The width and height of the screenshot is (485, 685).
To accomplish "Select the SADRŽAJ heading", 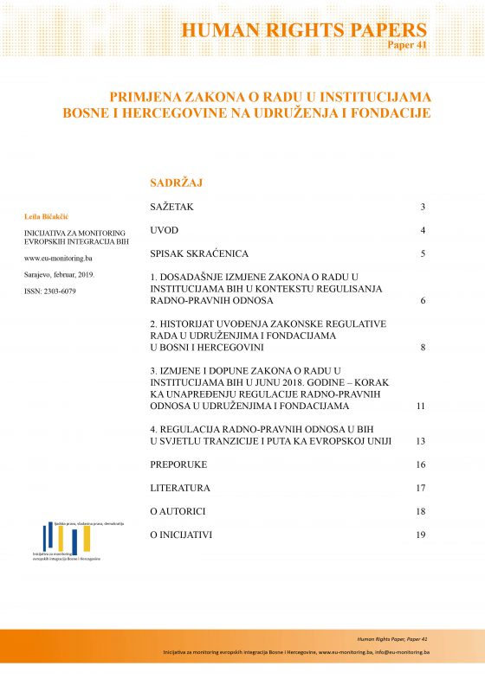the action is tap(176, 183).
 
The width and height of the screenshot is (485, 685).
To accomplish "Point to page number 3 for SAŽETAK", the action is tap(423, 208).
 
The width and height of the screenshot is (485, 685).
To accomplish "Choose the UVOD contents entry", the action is tap(165, 231).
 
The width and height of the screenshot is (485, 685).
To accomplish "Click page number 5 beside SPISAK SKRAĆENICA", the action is tap(423, 254).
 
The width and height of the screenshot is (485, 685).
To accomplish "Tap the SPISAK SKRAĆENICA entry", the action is tap(199, 254).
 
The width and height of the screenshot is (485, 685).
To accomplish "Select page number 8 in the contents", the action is tap(423, 347).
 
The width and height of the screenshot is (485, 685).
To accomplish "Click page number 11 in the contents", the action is tap(421, 405).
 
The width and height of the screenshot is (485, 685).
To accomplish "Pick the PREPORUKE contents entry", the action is tap(178, 464).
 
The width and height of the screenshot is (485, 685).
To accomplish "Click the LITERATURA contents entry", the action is tap(180, 488).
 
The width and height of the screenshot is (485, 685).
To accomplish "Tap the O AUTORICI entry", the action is tap(178, 511).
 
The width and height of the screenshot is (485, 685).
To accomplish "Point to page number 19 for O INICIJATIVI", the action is tap(421, 535).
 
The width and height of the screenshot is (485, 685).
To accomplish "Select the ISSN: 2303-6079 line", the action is tap(50, 291).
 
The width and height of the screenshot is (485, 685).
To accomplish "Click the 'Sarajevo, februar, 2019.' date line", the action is tap(65, 274).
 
